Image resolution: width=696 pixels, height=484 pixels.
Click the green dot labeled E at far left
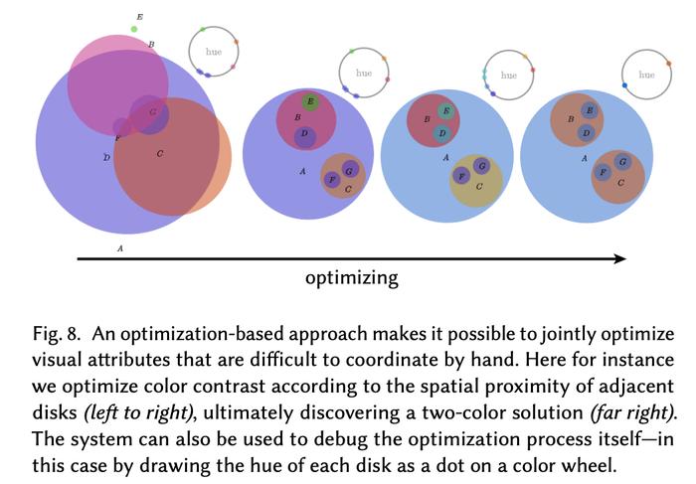134,29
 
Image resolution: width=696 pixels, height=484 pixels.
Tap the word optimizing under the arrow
352,278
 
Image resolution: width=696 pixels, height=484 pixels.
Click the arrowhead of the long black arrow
620,258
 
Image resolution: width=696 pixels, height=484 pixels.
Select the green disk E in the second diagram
310,102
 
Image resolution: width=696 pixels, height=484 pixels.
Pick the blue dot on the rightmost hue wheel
625,85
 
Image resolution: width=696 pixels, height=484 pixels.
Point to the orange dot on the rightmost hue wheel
668,64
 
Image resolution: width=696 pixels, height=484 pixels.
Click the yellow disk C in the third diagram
476,181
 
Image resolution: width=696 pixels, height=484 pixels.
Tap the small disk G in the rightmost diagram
622,162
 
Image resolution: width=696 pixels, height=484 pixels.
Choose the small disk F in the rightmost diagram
603,172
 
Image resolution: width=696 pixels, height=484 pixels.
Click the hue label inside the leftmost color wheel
214,52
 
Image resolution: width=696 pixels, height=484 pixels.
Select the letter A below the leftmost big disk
120,248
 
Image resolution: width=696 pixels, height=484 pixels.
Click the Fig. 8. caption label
57,334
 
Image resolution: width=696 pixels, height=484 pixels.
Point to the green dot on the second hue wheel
352,52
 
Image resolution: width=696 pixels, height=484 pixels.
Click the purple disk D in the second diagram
304,137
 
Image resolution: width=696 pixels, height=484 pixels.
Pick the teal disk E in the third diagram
445,110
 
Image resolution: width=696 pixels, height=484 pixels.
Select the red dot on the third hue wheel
533,70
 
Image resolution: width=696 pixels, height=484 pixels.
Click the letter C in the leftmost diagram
160,154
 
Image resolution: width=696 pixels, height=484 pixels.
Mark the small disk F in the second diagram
332,179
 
